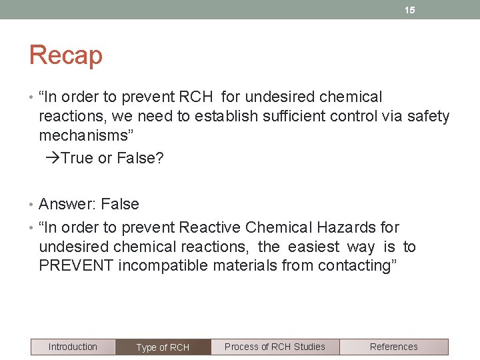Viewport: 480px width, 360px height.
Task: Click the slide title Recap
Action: [x=65, y=55]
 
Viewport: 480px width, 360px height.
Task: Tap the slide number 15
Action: [x=410, y=10]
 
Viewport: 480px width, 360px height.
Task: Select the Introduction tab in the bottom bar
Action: [x=73, y=347]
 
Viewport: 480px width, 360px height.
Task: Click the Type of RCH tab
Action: [x=163, y=347]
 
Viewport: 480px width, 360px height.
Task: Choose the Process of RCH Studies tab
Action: [x=275, y=347]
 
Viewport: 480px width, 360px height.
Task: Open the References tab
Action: [x=393, y=347]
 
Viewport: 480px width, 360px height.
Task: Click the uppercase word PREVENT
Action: [x=76, y=265]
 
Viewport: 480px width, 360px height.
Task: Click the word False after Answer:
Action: [x=120, y=204]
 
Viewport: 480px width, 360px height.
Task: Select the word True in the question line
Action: [x=77, y=159]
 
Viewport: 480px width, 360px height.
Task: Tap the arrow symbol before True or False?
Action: [x=53, y=159]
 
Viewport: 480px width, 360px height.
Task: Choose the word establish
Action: [x=226, y=116]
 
